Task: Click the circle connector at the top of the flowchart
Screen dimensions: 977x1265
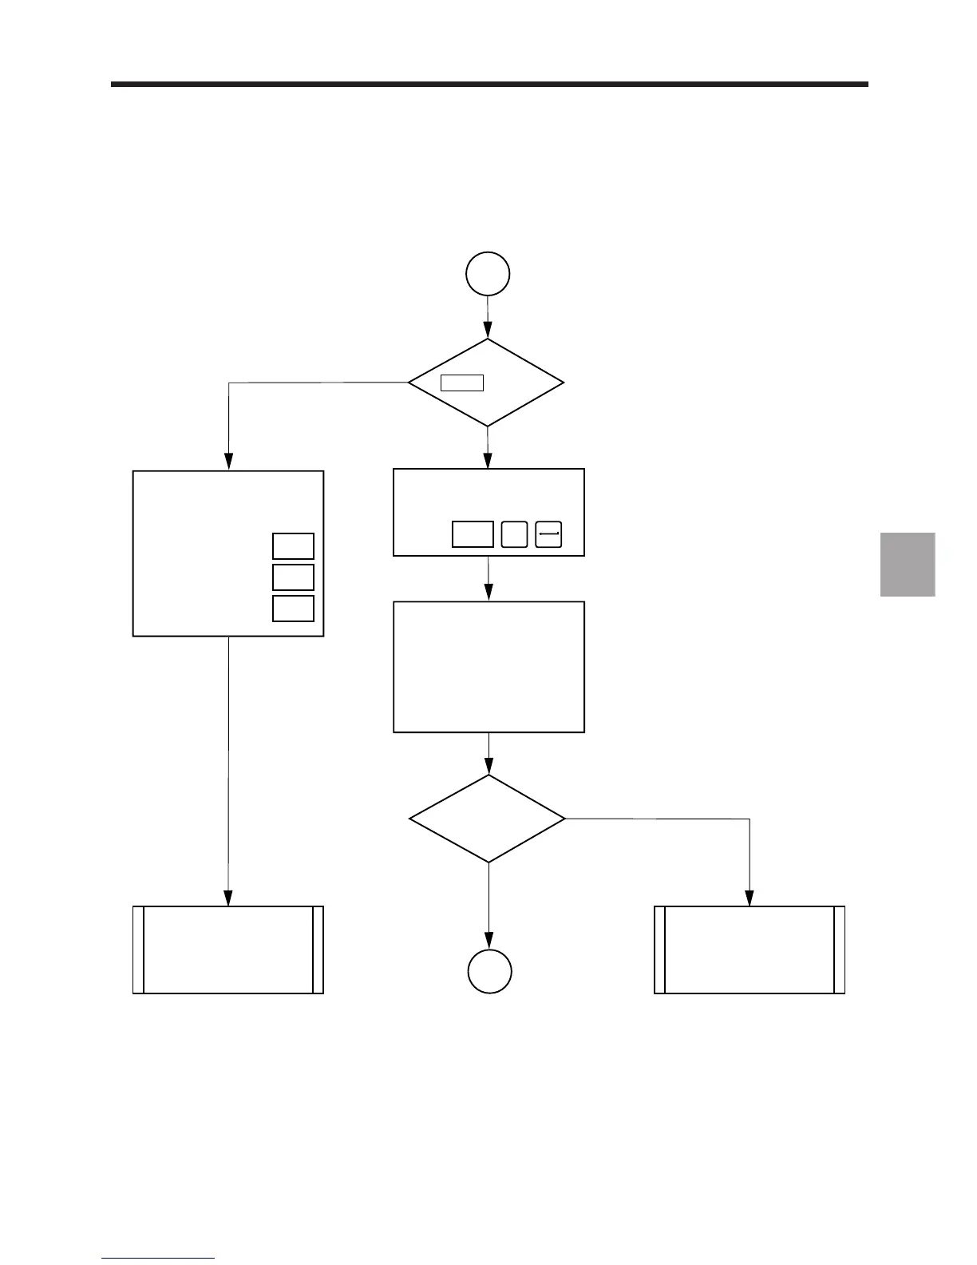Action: [489, 274]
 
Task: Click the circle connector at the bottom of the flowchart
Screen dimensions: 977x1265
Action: [489, 972]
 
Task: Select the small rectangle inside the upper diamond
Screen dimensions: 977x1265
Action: [462, 383]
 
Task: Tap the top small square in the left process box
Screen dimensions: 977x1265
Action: [293, 546]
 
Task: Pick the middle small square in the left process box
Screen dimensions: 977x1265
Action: [293, 577]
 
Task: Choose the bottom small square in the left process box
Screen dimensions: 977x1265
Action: [293, 609]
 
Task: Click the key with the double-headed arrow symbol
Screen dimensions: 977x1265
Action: [549, 534]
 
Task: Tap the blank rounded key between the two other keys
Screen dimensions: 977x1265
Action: [514, 534]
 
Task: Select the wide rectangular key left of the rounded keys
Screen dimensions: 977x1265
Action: [473, 534]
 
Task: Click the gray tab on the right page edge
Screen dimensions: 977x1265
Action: [908, 565]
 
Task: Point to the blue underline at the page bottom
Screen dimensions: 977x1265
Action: [158, 1259]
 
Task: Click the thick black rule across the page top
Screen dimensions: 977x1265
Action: [489, 84]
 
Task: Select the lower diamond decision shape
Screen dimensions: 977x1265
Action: [488, 819]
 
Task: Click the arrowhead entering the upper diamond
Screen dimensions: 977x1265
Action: [489, 331]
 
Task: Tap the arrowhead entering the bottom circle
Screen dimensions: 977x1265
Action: [489, 942]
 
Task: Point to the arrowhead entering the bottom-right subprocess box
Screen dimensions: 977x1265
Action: [750, 898]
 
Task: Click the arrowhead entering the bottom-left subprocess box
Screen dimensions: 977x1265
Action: [228, 898]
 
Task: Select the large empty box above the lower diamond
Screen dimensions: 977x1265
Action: [489, 667]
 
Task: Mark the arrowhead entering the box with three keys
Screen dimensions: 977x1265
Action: [489, 461]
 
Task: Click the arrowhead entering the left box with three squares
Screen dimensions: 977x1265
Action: [228, 462]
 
